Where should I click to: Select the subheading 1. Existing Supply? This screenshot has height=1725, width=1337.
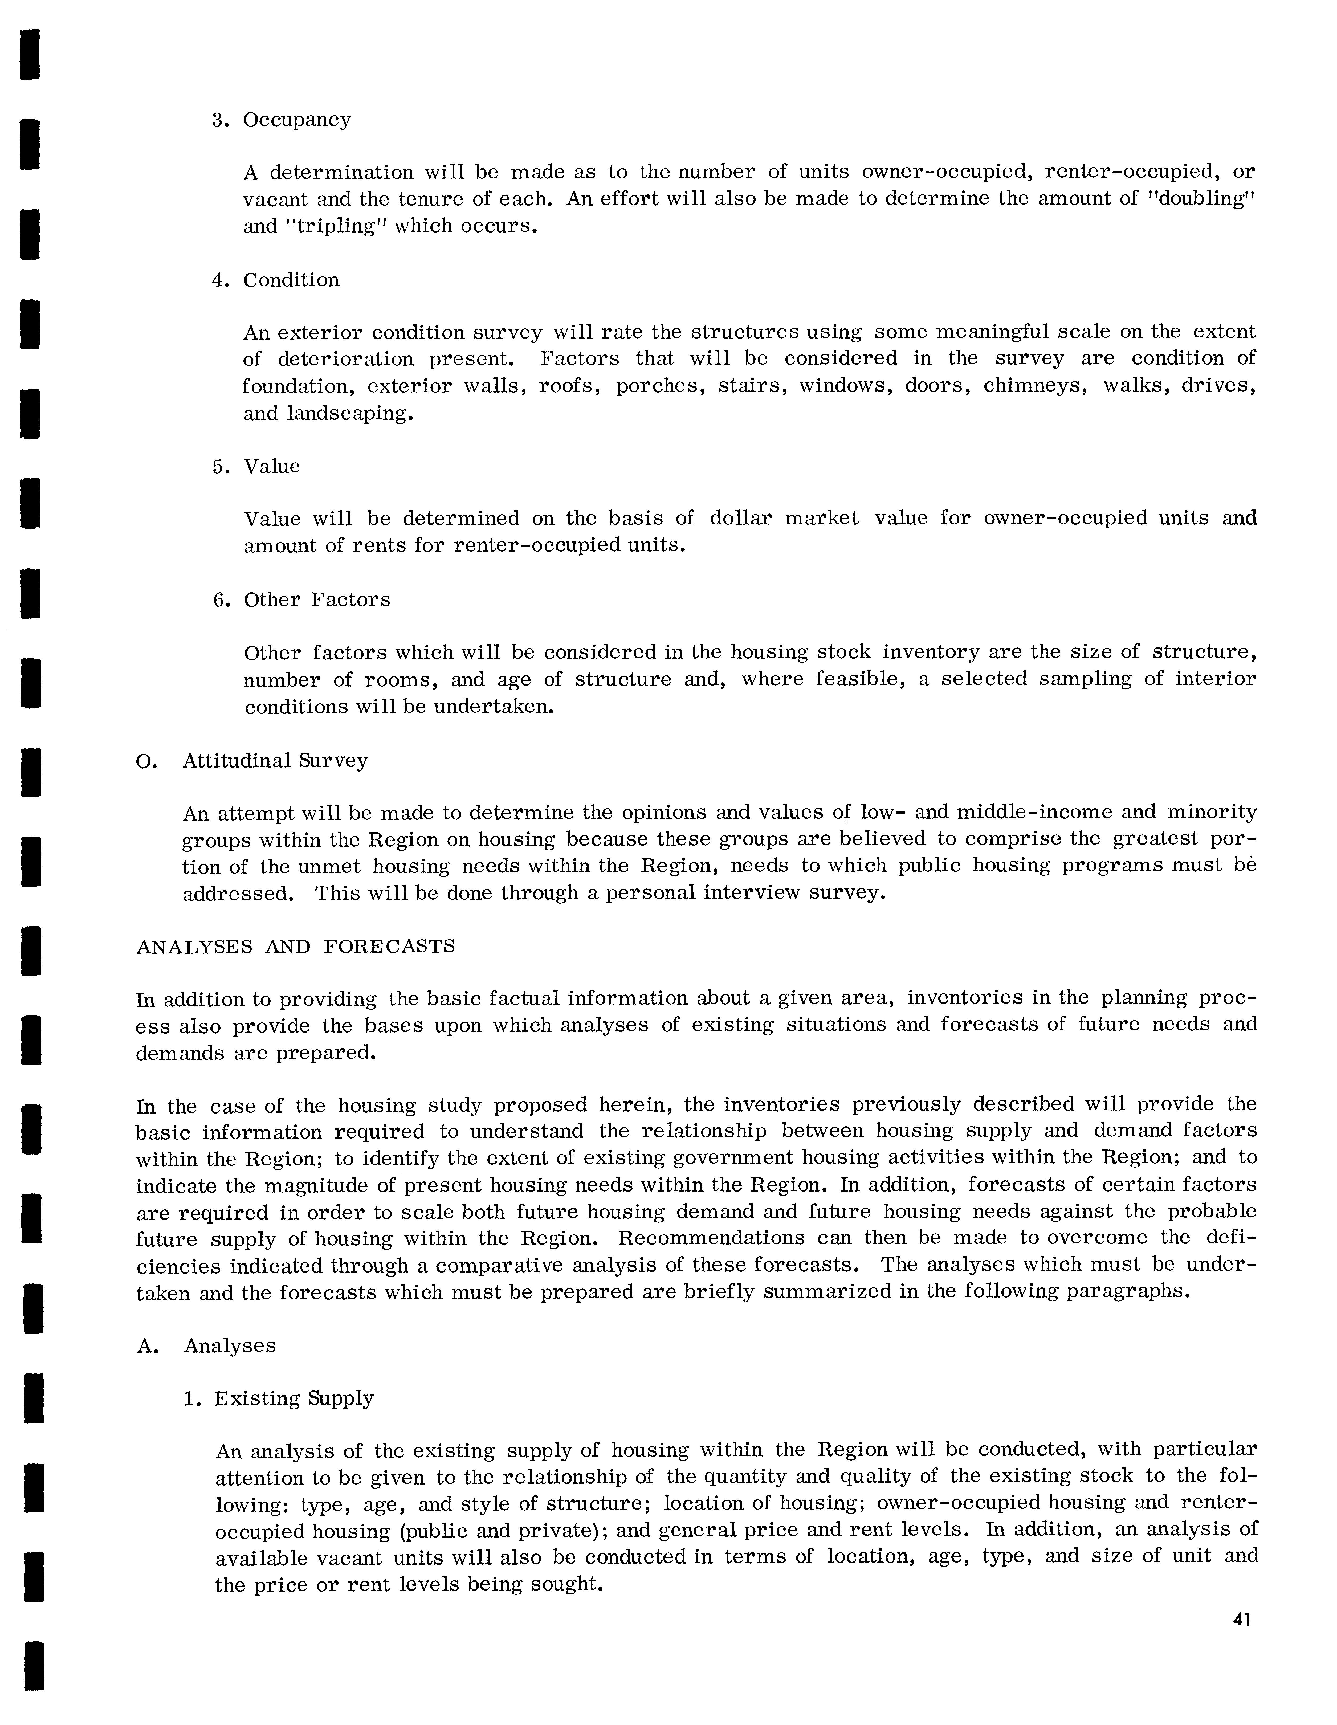coord(279,1399)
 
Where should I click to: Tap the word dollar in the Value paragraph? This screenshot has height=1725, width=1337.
coord(740,518)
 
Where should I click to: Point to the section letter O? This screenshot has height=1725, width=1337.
coord(144,761)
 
